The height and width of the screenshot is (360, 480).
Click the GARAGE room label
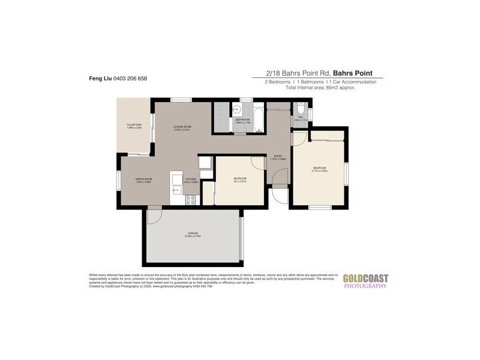[193, 233]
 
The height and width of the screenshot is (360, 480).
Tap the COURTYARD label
[134, 125]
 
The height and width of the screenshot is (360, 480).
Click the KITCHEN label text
[191, 179]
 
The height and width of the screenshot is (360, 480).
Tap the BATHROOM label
[242, 120]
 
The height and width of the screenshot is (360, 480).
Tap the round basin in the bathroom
[237, 109]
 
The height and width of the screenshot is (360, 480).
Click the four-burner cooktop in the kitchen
[191, 200]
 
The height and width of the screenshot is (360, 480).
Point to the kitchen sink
[176, 190]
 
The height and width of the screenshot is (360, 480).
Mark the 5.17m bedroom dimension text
[319, 171]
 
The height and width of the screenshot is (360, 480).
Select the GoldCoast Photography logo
[365, 281]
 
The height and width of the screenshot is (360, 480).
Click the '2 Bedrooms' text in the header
[278, 82]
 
